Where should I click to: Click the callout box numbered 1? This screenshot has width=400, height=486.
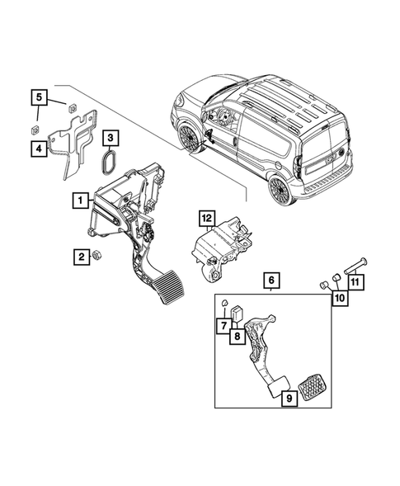[80, 200]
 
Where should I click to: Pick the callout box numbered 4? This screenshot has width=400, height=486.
[39, 149]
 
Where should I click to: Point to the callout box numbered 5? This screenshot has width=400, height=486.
[39, 98]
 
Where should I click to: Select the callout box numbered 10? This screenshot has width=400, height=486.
[339, 299]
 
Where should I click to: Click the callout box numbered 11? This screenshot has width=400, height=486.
[355, 283]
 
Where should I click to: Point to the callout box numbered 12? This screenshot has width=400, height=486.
[206, 218]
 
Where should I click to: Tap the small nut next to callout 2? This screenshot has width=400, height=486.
[96, 255]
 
